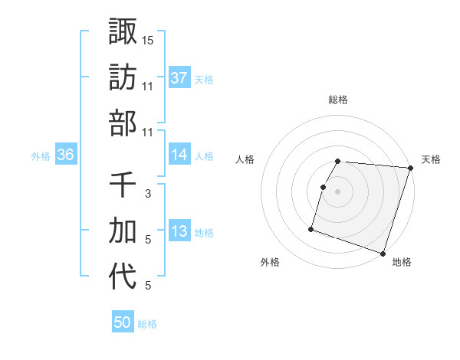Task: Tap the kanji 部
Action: tap(123, 123)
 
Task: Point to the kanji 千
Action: tap(123, 185)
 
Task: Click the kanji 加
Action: tap(123, 231)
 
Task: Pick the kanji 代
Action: tap(123, 277)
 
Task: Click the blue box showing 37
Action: tap(179, 77)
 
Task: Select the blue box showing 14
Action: tap(179, 155)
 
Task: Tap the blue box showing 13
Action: tap(179, 231)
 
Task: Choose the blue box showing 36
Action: tap(65, 155)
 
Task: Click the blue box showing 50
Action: tap(123, 322)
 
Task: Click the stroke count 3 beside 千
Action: tap(148, 194)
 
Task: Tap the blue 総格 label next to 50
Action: tap(147, 324)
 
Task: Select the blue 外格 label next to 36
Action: tap(41, 156)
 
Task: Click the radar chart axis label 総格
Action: tap(338, 100)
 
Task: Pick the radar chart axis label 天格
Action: tap(431, 159)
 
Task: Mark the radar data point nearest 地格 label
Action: tap(383, 254)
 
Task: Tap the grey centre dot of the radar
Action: tap(337, 191)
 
